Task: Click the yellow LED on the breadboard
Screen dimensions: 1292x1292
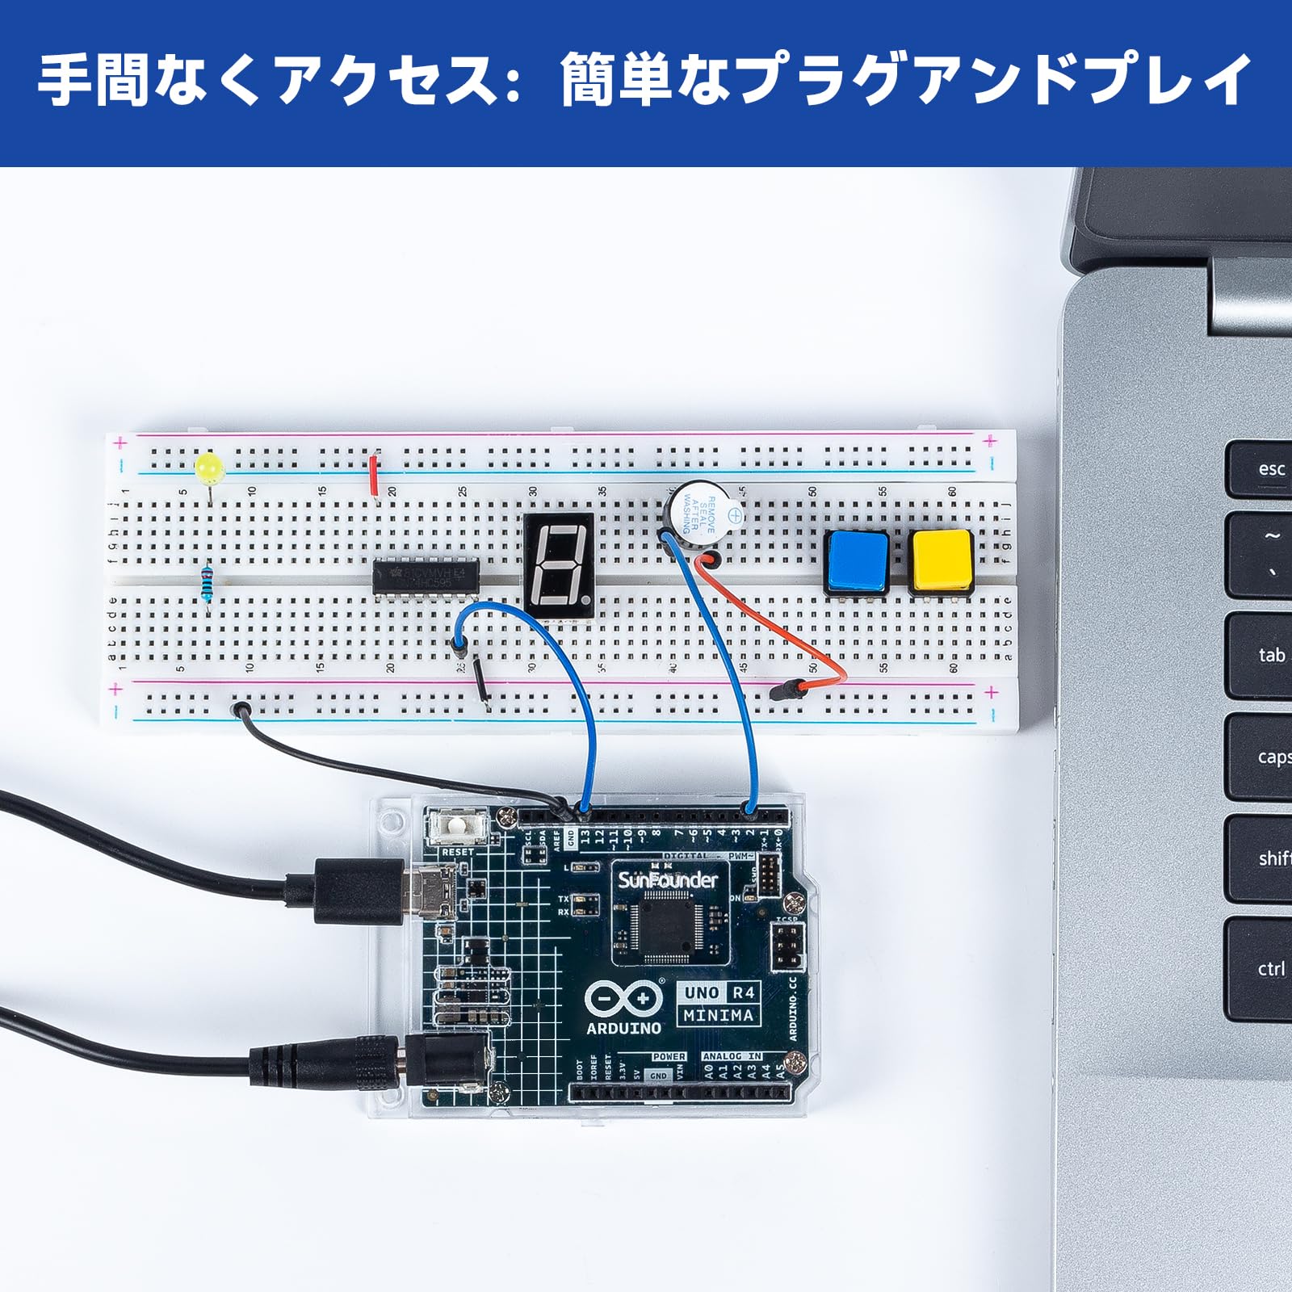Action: click(x=209, y=467)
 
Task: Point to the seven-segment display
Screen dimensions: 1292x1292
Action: click(x=559, y=566)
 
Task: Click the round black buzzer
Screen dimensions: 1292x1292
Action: click(x=702, y=518)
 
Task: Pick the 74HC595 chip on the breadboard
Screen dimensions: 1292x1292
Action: click(x=426, y=577)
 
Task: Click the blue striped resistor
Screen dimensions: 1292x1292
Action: click(x=208, y=583)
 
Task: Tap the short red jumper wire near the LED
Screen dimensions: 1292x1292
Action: click(x=373, y=476)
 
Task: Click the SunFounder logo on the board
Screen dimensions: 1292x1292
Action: click(x=667, y=879)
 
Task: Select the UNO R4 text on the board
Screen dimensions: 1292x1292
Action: click(x=719, y=992)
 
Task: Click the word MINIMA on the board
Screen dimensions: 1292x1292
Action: click(x=718, y=1015)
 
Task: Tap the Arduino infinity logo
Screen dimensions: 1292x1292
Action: click(x=623, y=999)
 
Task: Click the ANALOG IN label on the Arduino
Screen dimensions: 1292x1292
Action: click(x=732, y=1056)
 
